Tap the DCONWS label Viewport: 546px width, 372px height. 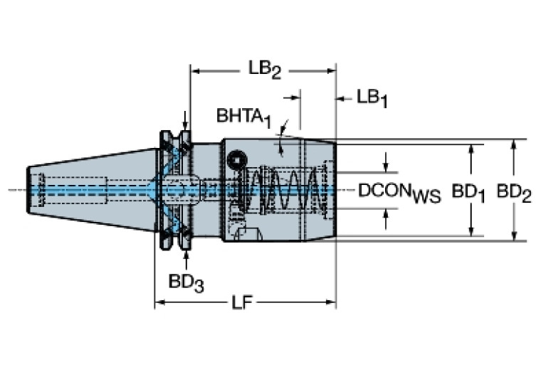(x=399, y=191)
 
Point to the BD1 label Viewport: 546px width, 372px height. (x=470, y=192)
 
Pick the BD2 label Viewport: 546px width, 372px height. (x=513, y=192)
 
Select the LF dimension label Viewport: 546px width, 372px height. (x=242, y=304)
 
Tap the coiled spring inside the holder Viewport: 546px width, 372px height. (x=285, y=190)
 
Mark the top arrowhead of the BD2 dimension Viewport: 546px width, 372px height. (x=513, y=143)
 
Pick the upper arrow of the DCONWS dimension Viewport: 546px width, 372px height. (x=387, y=166)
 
